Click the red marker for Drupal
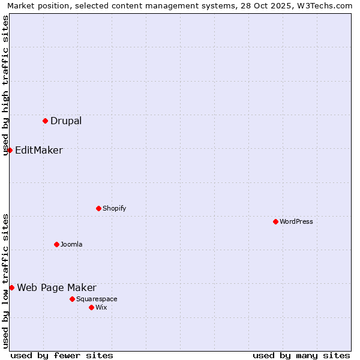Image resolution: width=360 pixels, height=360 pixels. click(x=45, y=121)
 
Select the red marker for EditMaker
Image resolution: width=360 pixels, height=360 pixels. click(x=10, y=150)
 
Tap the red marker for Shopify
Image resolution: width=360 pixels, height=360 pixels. click(x=98, y=208)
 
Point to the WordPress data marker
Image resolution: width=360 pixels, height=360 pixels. click(x=275, y=221)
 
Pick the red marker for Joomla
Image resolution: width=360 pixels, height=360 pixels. click(x=56, y=244)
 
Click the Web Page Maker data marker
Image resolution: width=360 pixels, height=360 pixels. click(x=11, y=287)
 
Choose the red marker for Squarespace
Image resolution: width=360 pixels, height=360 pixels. click(x=72, y=299)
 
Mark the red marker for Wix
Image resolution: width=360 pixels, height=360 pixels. click(x=91, y=307)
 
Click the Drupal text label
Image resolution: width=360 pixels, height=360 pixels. click(x=66, y=121)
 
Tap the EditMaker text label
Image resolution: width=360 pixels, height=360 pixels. click(x=38, y=150)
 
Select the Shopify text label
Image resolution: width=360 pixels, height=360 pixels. click(x=114, y=208)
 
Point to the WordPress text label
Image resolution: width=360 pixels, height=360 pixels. click(x=296, y=221)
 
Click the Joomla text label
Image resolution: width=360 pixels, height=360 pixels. click(x=71, y=244)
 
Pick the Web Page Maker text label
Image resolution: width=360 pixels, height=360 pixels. click(x=56, y=287)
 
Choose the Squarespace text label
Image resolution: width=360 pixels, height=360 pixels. click(x=97, y=299)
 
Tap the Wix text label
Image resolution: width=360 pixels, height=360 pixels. click(x=101, y=307)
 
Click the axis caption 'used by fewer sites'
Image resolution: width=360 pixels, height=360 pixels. click(x=62, y=355)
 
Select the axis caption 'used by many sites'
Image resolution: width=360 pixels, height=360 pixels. click(x=301, y=355)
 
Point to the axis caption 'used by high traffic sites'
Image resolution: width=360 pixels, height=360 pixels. click(x=5, y=86)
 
